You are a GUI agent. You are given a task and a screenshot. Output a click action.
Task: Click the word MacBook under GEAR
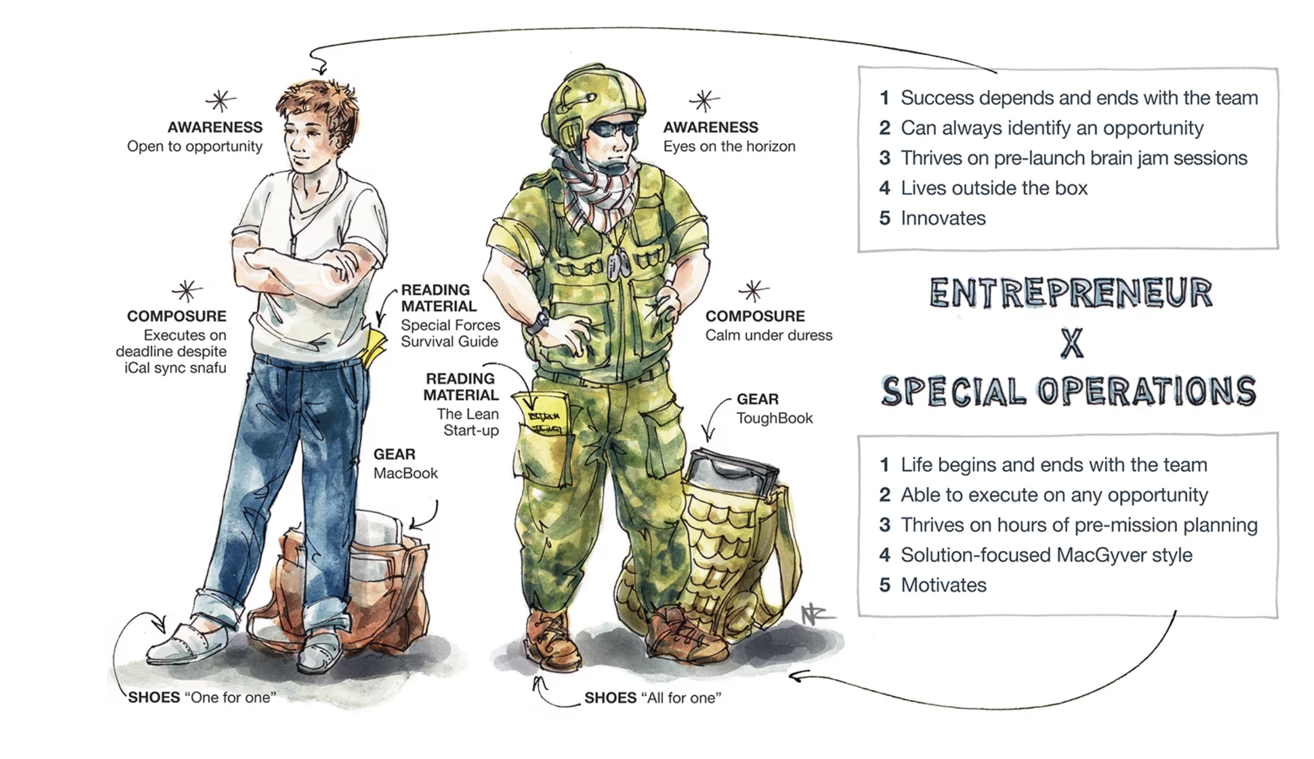point(406,473)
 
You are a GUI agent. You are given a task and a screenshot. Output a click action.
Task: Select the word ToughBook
point(775,419)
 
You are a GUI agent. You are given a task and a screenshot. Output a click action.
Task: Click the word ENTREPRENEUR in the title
point(1071,293)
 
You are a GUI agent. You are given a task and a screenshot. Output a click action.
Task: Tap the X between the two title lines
point(1072,343)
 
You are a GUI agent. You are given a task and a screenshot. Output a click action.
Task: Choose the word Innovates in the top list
point(943,218)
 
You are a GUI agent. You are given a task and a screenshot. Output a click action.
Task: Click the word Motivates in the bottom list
point(944,585)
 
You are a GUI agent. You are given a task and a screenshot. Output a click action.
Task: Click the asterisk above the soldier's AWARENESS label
point(704,101)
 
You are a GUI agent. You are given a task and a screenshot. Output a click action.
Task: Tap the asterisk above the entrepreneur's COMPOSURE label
point(186,290)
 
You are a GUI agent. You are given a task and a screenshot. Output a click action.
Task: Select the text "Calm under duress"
point(769,335)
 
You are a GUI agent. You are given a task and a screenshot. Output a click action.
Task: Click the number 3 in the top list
point(884,158)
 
